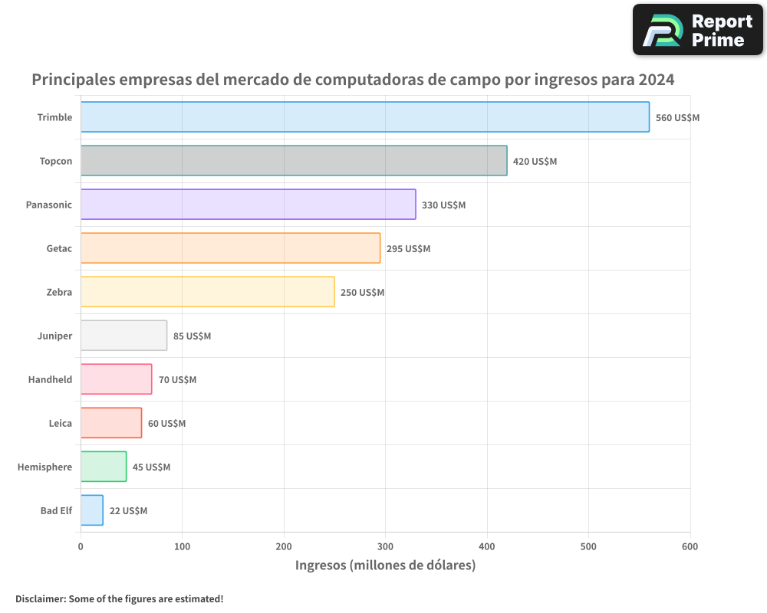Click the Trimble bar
(364, 117)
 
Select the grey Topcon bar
(294, 161)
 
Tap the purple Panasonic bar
(248, 205)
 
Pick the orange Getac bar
(230, 248)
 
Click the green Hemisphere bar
(104, 467)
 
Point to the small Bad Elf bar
(92, 510)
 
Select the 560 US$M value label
(677, 118)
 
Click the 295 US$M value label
(408, 249)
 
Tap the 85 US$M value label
(192, 336)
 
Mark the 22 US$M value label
(128, 511)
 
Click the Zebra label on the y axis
(59, 292)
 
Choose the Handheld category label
(50, 379)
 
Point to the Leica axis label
(60, 423)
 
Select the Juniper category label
(54, 336)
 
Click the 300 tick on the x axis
(385, 546)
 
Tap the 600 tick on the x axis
(690, 546)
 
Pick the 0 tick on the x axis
(81, 546)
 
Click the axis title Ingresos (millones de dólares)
(385, 565)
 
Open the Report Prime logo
(697, 30)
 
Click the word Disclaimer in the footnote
(40, 599)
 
